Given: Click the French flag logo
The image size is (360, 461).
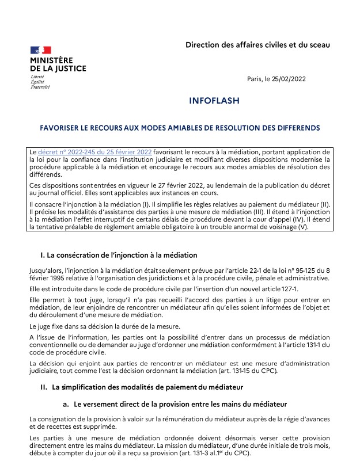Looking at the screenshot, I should click(40, 50).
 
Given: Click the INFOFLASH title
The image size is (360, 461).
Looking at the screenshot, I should click(214, 101).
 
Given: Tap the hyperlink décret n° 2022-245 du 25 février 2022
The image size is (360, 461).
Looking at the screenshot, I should click(95, 151).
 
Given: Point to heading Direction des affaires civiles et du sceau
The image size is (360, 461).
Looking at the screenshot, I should click(257, 45).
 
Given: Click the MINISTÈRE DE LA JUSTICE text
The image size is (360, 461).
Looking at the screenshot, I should click(58, 64).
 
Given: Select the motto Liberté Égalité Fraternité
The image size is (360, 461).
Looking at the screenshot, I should click(40, 82).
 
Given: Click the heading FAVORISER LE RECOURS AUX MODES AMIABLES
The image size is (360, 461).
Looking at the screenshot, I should click(180, 127).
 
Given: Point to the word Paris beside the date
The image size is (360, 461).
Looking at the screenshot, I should click(255, 79).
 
